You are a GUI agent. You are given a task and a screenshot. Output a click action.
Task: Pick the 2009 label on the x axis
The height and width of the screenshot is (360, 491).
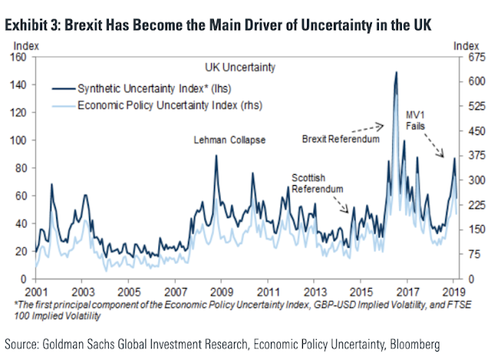point(221,292)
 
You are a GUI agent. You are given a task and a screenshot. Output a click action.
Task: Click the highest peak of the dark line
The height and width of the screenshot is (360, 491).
point(396,72)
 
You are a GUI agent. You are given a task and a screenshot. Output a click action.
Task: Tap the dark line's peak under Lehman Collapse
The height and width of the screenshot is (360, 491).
point(216,156)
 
